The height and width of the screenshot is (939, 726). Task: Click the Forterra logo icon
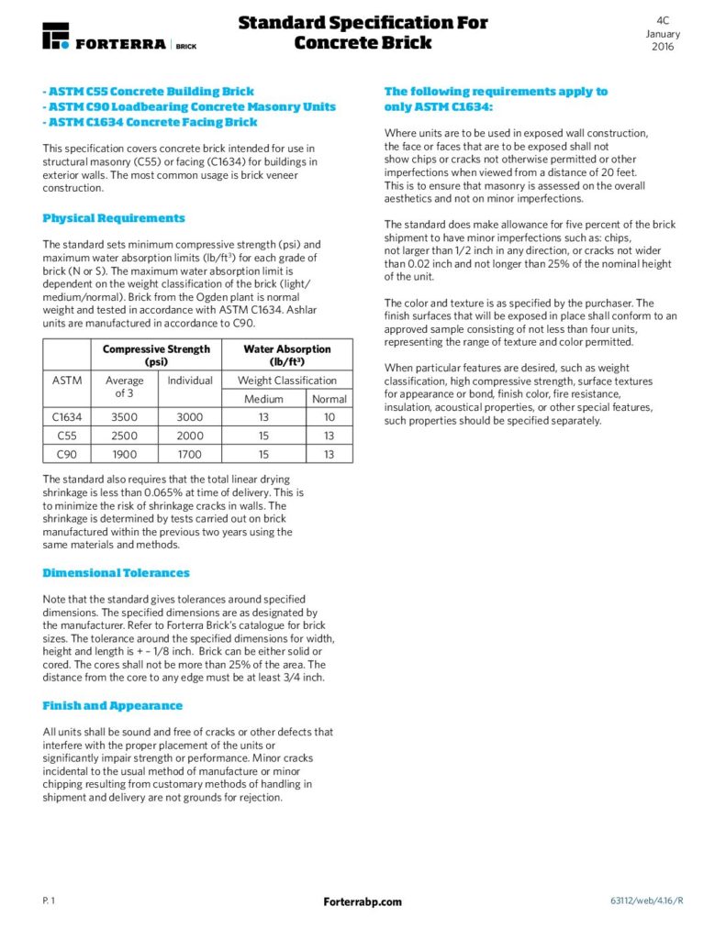click(x=55, y=36)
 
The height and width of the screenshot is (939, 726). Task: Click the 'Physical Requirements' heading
click(x=114, y=218)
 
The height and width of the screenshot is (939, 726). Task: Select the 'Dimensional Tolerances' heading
click(x=116, y=573)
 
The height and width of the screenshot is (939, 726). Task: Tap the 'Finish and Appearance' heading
click(x=112, y=705)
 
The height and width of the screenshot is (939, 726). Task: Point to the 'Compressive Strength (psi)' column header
click(x=156, y=355)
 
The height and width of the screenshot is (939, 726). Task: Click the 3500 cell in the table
click(x=124, y=417)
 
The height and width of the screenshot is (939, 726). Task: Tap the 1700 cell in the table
click(x=189, y=454)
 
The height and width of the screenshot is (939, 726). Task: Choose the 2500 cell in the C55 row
click(x=124, y=436)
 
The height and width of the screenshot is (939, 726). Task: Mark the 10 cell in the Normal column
click(x=329, y=417)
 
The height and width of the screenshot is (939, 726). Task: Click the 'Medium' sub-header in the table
click(x=263, y=399)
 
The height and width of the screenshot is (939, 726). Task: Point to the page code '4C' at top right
click(x=663, y=19)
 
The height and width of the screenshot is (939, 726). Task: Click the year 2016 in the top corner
click(x=663, y=47)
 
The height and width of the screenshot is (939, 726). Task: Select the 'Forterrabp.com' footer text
click(x=363, y=901)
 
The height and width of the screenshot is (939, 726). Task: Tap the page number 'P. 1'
click(x=49, y=901)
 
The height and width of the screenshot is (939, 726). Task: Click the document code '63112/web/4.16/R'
click(x=646, y=901)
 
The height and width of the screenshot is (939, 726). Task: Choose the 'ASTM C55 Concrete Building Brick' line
click(x=149, y=92)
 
